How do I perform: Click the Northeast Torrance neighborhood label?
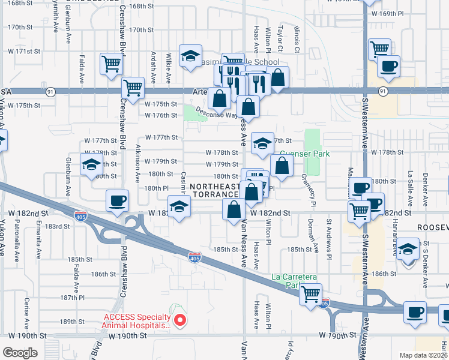pos(214,191)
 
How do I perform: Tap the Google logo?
pos(20,353)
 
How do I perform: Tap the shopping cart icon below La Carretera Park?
pos(311,294)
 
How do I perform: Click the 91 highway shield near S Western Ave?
pos(383,91)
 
